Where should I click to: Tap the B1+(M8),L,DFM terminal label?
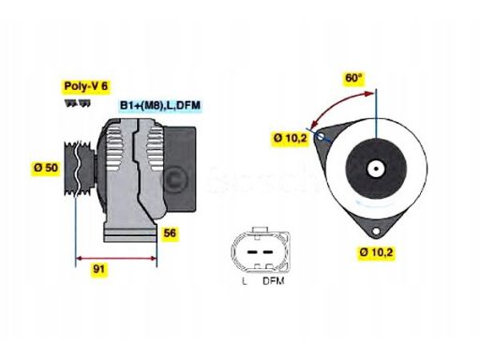(x=159, y=106)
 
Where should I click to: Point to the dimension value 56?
(x=169, y=232)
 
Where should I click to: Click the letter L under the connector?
(x=244, y=279)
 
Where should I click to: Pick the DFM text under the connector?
(x=273, y=279)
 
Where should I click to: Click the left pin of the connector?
(x=249, y=250)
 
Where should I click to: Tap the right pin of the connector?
(x=265, y=250)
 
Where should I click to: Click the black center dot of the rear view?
(x=375, y=170)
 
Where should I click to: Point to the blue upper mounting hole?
(x=322, y=138)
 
